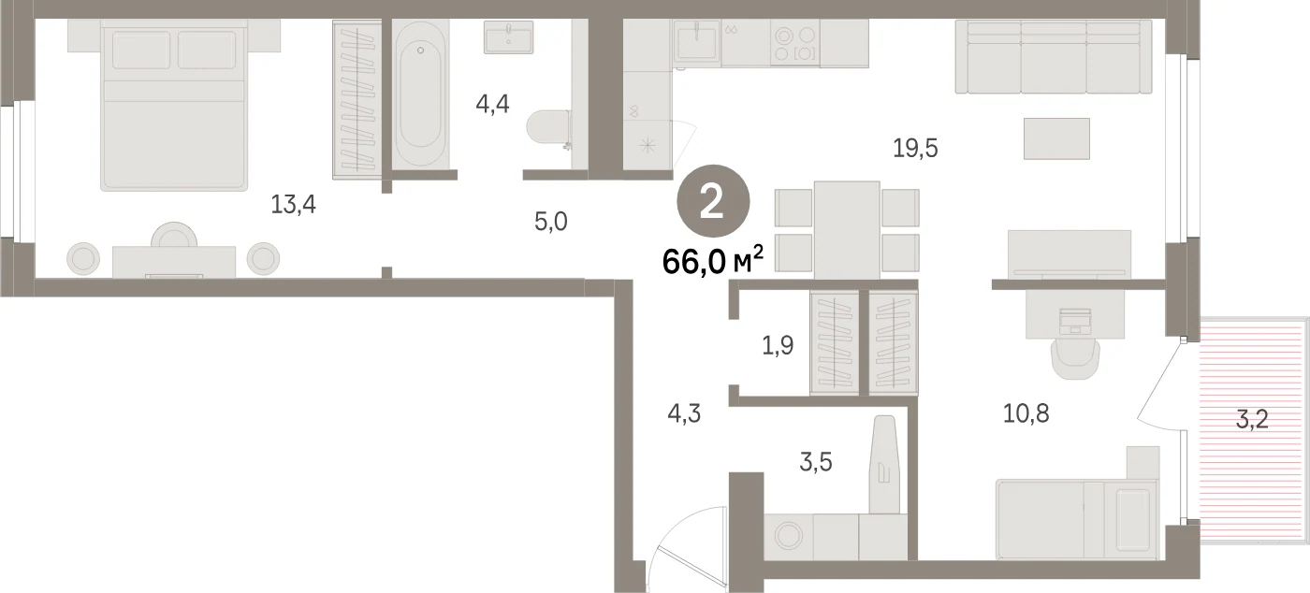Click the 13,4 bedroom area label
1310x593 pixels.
293,205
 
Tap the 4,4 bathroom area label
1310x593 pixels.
492,104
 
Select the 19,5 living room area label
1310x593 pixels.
915,149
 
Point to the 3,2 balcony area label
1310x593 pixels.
1252,419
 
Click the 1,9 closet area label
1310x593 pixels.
778,346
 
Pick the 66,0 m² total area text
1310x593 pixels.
713,261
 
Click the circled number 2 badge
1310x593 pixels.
713,201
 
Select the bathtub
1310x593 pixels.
420,94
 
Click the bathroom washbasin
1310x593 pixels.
508,36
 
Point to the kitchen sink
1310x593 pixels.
696,41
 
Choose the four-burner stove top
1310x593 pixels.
794,44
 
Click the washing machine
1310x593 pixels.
788,536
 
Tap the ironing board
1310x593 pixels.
883,465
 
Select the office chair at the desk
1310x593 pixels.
1075,359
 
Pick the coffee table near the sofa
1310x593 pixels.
1056,138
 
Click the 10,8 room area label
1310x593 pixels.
1026,414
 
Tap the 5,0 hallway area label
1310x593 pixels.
551,222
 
